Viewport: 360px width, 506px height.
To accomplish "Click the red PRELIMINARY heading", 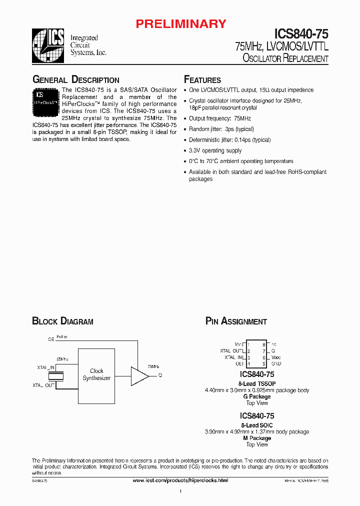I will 181,23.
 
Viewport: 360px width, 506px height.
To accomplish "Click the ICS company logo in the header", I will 48,45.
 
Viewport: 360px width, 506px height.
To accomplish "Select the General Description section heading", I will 75,80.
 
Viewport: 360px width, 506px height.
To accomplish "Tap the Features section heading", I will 202,80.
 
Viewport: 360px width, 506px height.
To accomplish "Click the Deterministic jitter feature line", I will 229,140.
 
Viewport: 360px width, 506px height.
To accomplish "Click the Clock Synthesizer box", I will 96,374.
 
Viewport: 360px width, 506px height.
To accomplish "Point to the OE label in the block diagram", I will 50,339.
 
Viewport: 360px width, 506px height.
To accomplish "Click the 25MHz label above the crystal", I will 62,359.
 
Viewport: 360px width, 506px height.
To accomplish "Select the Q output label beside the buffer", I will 160,375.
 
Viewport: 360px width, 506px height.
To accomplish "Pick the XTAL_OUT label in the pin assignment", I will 231,351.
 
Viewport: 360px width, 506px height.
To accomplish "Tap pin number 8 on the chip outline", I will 263,344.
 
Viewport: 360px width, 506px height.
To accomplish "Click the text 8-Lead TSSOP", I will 257,383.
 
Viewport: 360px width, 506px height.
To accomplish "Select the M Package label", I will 257,438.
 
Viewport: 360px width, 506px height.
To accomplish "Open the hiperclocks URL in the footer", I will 180,480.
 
